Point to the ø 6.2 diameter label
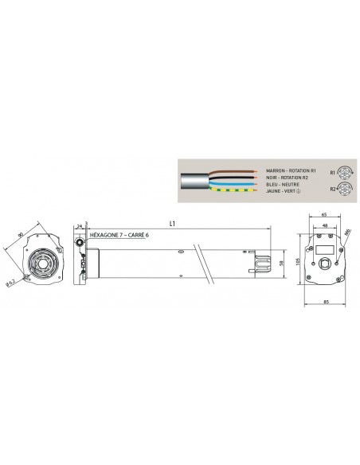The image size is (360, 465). tap(9, 281)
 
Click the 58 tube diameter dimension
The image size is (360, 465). tap(283, 264)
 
